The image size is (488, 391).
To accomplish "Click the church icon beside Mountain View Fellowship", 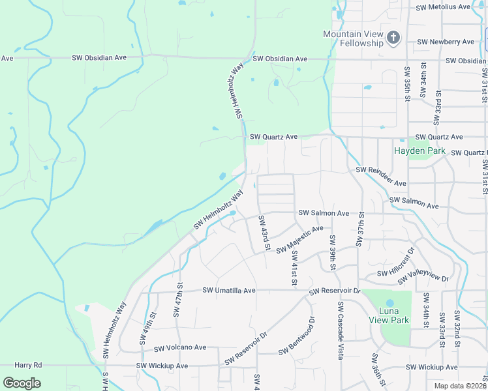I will click(393, 38).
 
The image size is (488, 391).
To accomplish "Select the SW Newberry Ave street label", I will click(446, 42).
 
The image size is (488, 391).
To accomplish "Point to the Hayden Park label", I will click(419, 151).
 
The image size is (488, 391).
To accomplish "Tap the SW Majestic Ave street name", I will click(299, 240).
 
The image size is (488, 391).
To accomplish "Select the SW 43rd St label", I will click(264, 233).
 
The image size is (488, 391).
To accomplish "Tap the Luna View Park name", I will click(389, 320).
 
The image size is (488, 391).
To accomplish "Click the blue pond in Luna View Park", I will click(389, 303).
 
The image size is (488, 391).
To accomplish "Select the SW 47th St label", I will click(177, 300).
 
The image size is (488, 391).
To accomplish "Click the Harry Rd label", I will click(28, 366).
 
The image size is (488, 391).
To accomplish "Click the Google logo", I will click(22, 383).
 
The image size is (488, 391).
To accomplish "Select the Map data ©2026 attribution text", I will click(459, 386).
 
